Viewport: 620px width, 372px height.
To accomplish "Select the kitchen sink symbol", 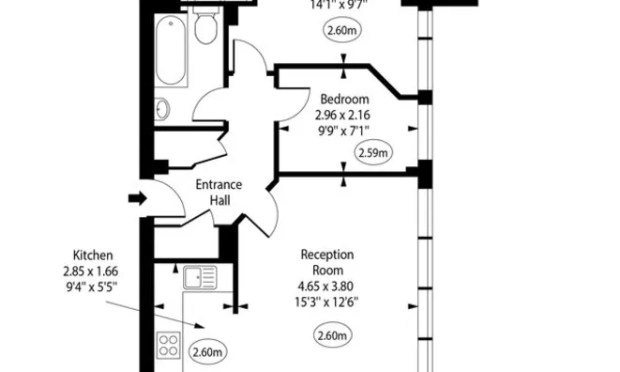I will tap(200, 278).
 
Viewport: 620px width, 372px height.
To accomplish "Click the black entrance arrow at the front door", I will tap(136, 198).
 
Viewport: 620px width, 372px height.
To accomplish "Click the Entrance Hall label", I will tap(219, 193).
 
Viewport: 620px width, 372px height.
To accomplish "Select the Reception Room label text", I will tap(326, 262).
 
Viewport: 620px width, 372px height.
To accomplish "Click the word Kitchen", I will tap(94, 255).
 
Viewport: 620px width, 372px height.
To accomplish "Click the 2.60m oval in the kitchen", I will tap(207, 352).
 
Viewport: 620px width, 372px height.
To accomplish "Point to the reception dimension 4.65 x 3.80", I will tap(326, 286).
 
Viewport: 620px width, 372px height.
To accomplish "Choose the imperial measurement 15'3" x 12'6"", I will tap(326, 302).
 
